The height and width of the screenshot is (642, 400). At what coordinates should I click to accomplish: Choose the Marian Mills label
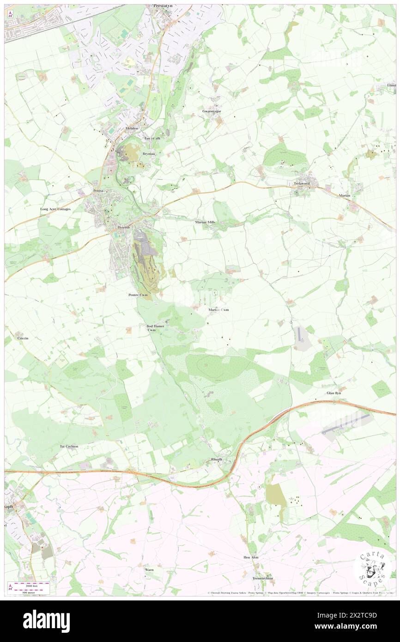click(x=205, y=222)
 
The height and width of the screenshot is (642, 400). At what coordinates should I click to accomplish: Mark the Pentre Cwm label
click(x=138, y=295)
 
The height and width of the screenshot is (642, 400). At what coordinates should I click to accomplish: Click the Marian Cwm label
click(x=218, y=309)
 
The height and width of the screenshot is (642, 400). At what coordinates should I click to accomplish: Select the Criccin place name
click(x=22, y=339)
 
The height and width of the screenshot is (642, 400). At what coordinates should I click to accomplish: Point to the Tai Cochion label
click(x=69, y=446)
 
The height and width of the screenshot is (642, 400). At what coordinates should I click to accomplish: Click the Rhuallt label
click(x=217, y=460)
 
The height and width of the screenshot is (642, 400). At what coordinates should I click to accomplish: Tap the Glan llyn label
click(x=333, y=393)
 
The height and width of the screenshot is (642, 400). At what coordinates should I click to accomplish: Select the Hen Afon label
click(x=251, y=557)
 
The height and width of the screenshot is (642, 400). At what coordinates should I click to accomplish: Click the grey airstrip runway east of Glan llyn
click(x=346, y=424)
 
